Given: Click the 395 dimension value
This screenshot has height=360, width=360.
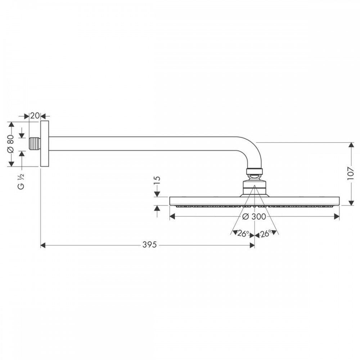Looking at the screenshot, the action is click(149, 245).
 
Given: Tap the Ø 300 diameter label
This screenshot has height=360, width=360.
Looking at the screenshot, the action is click(254, 216).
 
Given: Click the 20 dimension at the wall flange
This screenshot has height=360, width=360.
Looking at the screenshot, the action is click(35, 116).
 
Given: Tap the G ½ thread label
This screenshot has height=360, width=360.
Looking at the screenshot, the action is click(21, 181).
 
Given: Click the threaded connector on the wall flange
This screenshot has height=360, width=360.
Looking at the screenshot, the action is click(35, 144).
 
